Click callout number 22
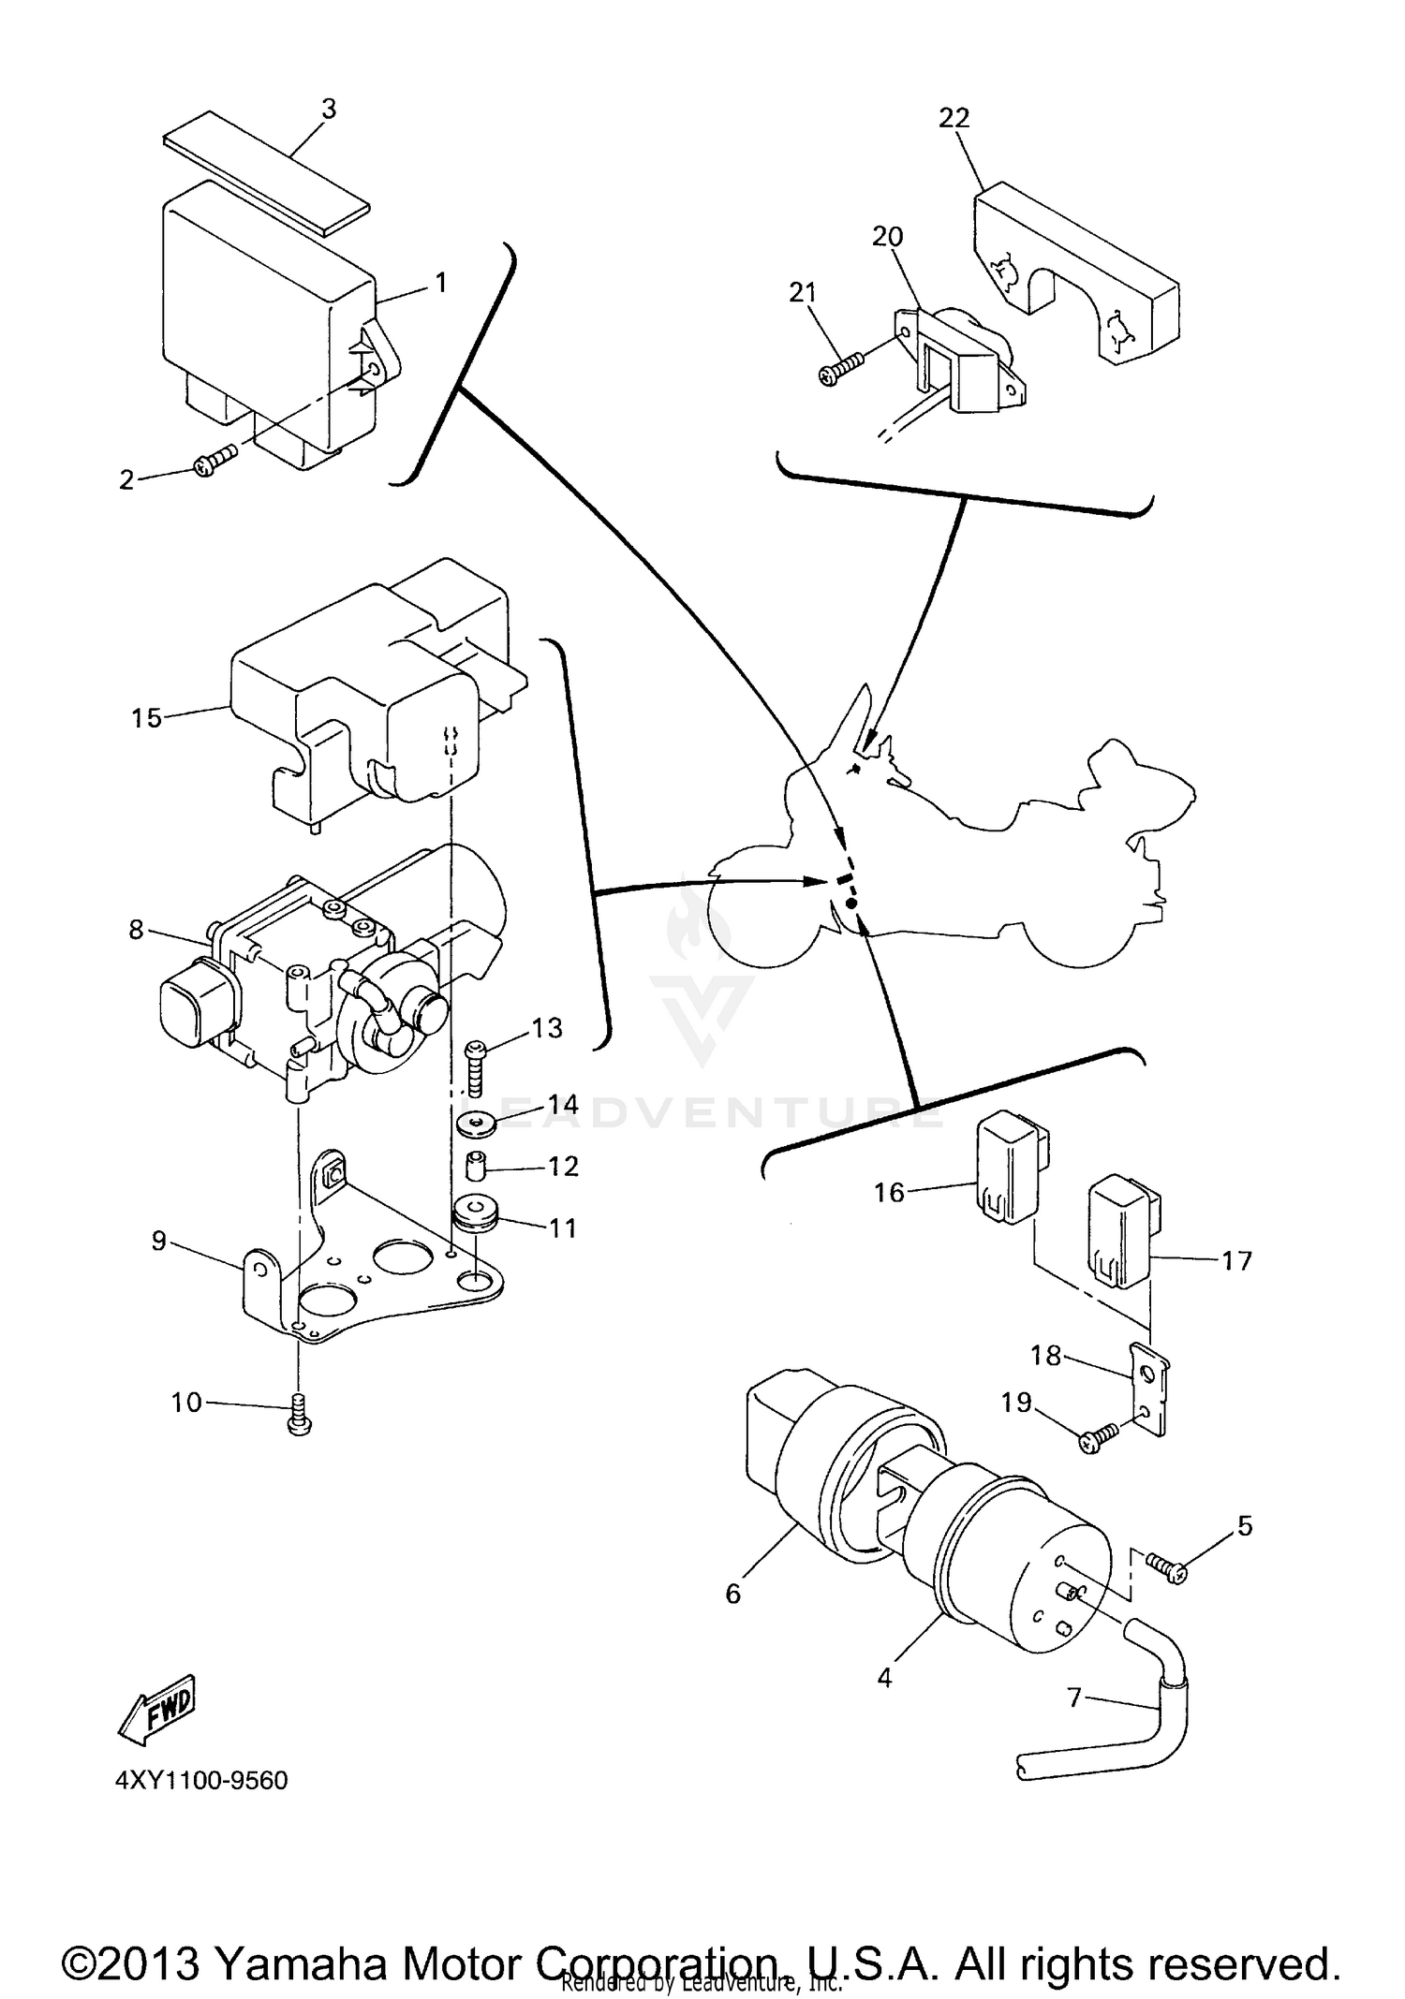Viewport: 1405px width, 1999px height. pyautogui.click(x=954, y=119)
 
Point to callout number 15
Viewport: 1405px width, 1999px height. pyautogui.click(x=147, y=718)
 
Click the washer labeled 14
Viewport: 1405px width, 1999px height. pyautogui.click(x=476, y=1122)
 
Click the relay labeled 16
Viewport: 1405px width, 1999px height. pyautogui.click(x=1002, y=1166)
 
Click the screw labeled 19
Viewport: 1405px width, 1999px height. pyautogui.click(x=1098, y=1437)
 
